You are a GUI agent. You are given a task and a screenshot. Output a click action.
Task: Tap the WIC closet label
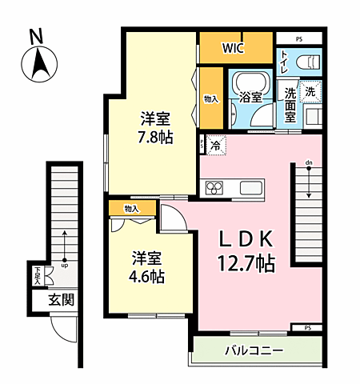pyautogui.click(x=234, y=48)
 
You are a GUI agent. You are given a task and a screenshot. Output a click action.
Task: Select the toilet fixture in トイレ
pyautogui.click(x=309, y=62)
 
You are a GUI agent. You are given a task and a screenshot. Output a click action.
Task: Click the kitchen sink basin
pyautogui.click(x=251, y=189)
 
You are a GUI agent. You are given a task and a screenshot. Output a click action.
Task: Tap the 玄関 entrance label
pyautogui.click(x=59, y=301)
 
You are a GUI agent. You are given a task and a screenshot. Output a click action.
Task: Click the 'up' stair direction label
pyautogui.click(x=64, y=267)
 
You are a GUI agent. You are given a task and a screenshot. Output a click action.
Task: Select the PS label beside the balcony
pyautogui.click(x=308, y=327)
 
